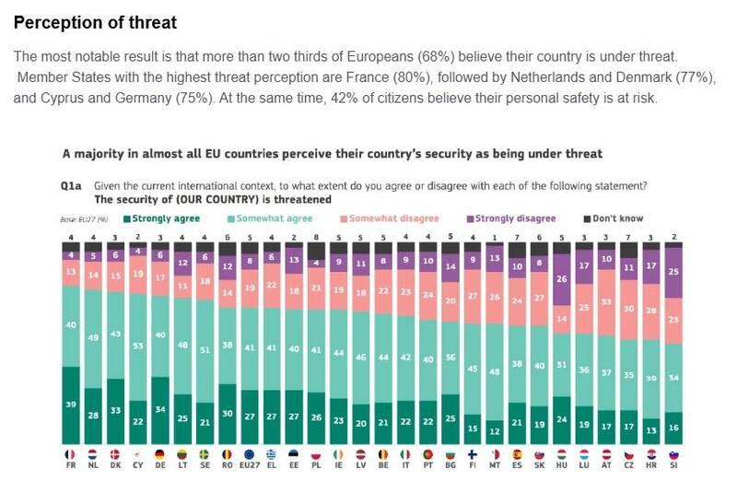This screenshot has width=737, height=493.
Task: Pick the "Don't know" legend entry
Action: coord(617,219)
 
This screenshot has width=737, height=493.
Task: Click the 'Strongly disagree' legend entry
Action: coord(515,219)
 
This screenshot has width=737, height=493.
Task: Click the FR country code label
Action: coord(70,466)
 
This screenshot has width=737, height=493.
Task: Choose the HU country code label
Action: coord(561,466)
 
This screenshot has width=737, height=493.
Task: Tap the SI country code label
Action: coord(674,466)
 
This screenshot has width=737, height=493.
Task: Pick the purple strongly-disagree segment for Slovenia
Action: coord(674,273)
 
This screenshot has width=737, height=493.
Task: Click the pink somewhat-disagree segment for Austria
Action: coord(606,302)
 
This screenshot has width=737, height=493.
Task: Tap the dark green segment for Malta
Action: coord(494,429)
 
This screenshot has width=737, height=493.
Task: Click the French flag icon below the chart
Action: coord(70,453)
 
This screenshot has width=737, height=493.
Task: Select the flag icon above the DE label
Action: coord(160,453)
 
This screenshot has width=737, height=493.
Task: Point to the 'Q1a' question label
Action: coord(71,185)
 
